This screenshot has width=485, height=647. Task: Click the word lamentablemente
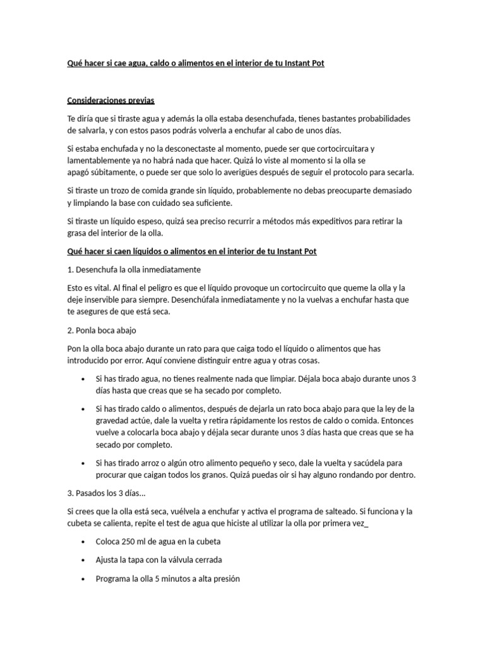coord(101,160)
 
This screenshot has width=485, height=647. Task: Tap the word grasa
coord(78,233)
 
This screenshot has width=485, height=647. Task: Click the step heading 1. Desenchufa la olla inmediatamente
coord(133,269)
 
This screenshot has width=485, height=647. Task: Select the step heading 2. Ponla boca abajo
coord(101,330)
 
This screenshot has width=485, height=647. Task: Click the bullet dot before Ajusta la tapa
coord(84,560)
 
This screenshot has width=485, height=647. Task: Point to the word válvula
coord(181,560)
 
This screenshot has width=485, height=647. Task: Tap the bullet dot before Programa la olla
coord(84,578)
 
